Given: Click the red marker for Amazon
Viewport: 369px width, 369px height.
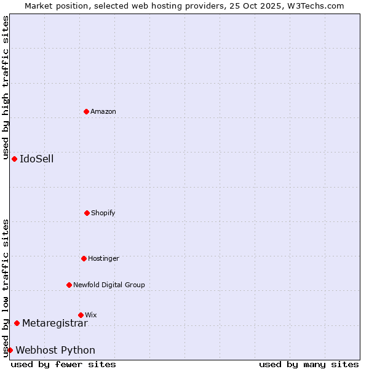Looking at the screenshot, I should pyautogui.click(x=86, y=111).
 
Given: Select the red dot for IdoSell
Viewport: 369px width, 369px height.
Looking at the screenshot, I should pyautogui.click(x=14, y=159).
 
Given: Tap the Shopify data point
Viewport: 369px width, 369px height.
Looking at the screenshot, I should pyautogui.click(x=87, y=213).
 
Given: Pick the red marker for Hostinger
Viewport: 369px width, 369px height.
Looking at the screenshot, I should pyautogui.click(x=84, y=258).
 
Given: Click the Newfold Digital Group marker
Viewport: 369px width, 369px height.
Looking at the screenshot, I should pyautogui.click(x=69, y=285).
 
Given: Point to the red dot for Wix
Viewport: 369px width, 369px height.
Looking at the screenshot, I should pyautogui.click(x=81, y=315).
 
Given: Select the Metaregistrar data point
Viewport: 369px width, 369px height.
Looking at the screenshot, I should pyautogui.click(x=17, y=323).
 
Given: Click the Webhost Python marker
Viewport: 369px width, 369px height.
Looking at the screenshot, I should pyautogui.click(x=10, y=350).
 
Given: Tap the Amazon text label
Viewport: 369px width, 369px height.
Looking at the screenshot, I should pyautogui.click(x=103, y=111).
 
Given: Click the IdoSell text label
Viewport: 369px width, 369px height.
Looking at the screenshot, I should pyautogui.click(x=37, y=159).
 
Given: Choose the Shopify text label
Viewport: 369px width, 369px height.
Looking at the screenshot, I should pyautogui.click(x=103, y=213).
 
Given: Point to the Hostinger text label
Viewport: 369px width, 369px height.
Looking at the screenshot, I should pyautogui.click(x=103, y=258).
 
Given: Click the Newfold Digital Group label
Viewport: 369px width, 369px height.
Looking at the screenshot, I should pyautogui.click(x=109, y=285).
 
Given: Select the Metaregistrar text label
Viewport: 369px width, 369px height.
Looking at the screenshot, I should pyautogui.click(x=55, y=323).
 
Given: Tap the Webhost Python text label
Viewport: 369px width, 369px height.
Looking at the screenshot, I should pyautogui.click(x=55, y=350).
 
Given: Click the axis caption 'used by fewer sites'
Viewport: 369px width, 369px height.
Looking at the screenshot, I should pyautogui.click(x=63, y=364).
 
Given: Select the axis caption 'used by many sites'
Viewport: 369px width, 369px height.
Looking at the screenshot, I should pyautogui.click(x=309, y=364).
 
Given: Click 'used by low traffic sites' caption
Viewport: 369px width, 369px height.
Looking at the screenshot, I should pyautogui.click(x=6, y=288).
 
